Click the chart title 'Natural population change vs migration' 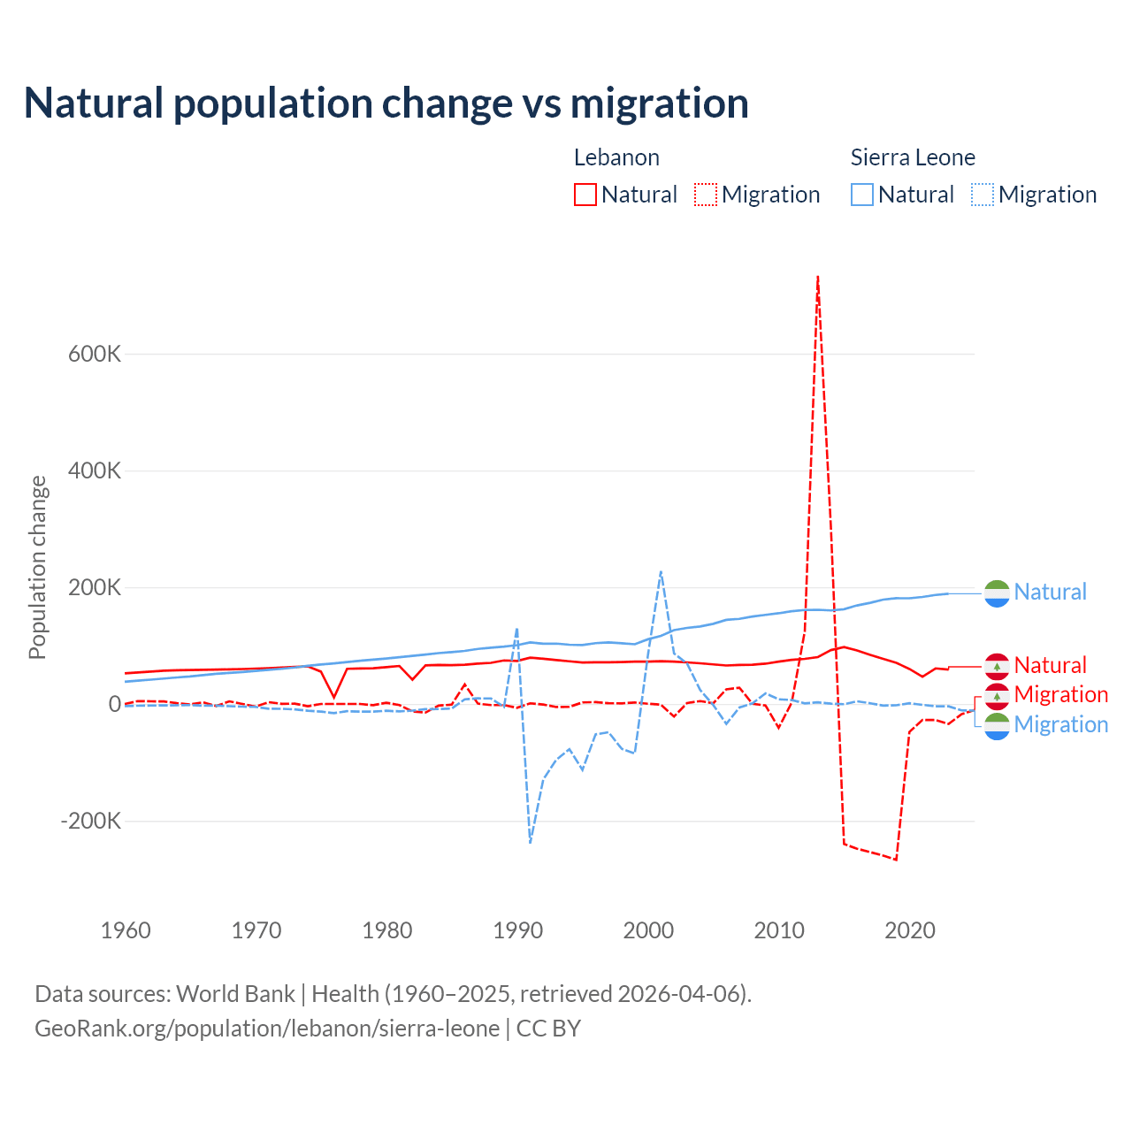point(386,103)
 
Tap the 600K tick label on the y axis point(95,354)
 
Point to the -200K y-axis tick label point(90,821)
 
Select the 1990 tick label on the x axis point(517,930)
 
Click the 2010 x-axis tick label point(779,930)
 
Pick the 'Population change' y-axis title point(37,567)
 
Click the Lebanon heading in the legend point(616,157)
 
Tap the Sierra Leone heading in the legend point(913,157)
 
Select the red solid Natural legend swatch point(585,195)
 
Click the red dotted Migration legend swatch point(706,195)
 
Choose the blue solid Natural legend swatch point(862,195)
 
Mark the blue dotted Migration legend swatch point(983,195)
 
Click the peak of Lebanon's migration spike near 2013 point(818,277)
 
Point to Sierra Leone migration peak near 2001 point(661,572)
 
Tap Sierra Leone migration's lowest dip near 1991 point(530,842)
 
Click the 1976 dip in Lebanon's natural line point(334,698)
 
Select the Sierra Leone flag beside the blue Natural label point(997,593)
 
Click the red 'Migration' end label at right point(1061,694)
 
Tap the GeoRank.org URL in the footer point(267,1029)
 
